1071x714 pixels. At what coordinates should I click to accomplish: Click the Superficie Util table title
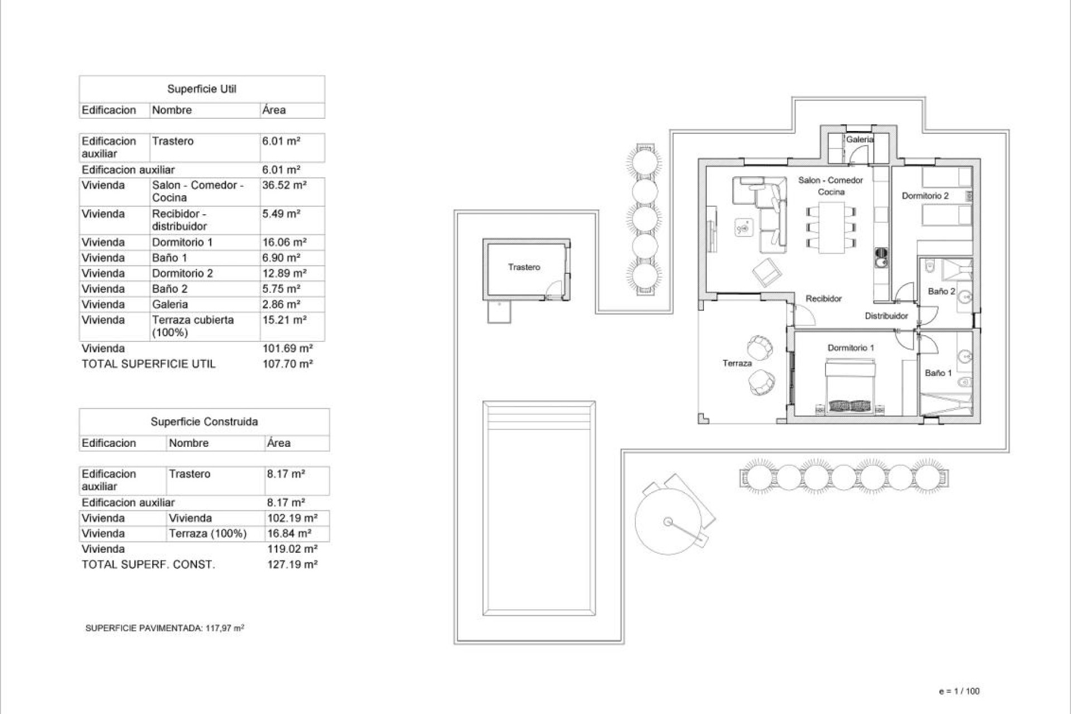202,89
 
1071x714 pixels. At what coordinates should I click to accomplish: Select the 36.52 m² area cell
284,185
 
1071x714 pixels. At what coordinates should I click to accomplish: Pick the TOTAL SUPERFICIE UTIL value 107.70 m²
287,364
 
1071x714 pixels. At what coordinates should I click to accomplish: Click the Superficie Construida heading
204,422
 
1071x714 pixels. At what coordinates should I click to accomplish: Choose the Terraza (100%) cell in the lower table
208,533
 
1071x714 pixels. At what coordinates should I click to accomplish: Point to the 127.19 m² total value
292,564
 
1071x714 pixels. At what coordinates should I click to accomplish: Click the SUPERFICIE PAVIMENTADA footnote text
165,628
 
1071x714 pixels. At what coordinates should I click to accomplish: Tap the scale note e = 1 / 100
959,691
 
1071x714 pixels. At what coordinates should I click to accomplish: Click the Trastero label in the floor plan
524,267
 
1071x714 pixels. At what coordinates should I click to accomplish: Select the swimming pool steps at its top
539,416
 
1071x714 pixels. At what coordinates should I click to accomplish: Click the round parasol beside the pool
668,522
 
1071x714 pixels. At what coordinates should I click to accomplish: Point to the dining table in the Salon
831,227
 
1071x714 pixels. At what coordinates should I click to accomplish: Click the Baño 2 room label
941,291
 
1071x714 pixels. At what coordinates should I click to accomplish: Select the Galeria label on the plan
859,139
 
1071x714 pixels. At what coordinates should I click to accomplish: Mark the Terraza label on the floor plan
737,363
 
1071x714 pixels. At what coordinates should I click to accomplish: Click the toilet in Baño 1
964,383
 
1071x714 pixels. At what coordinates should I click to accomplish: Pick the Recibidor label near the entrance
823,299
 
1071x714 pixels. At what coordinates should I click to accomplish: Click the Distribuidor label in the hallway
886,316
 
